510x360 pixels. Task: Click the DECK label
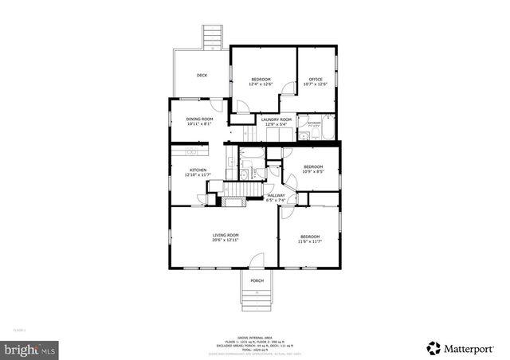[x=202, y=76]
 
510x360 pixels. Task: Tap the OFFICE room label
[x=315, y=79]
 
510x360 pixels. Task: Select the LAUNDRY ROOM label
[x=277, y=119]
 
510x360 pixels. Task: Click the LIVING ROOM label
[x=226, y=235]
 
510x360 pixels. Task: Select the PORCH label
[x=257, y=280]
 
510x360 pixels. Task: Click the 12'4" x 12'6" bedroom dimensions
[x=261, y=84]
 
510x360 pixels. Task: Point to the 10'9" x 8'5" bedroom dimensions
[x=314, y=170]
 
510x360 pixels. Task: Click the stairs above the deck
[x=212, y=36]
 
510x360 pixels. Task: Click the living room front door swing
[x=256, y=261]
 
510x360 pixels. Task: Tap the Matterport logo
[x=461, y=346]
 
